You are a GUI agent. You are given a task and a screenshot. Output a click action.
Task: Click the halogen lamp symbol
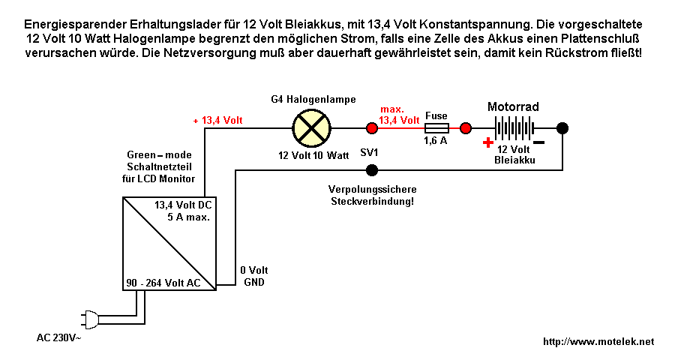coord(310,127)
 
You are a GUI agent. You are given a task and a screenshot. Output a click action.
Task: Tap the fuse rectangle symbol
coord(436,127)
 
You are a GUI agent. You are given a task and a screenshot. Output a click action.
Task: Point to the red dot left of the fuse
coord(370,127)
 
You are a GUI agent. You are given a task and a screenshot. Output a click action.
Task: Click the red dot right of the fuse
coord(466,127)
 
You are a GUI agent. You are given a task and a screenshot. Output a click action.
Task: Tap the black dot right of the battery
coord(562,127)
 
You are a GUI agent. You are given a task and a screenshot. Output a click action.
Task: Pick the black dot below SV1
coord(370,170)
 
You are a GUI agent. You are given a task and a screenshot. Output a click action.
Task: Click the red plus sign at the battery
coord(488,142)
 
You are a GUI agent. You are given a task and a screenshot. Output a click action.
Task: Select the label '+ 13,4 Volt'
coord(217,120)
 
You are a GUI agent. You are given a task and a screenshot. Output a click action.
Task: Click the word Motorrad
coord(513,106)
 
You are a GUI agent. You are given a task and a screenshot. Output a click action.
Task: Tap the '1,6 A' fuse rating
coord(436,141)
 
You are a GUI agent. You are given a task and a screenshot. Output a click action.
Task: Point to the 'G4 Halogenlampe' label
coord(313,99)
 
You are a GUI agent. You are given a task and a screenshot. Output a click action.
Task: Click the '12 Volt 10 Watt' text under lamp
coord(313,155)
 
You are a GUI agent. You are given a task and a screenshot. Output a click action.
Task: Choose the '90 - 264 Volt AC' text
coord(162,283)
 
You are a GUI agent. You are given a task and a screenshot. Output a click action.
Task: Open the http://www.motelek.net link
coord(598,341)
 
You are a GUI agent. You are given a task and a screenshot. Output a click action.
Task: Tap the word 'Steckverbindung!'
coord(372,202)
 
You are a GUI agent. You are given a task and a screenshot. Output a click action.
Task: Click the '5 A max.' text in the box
coord(188,217)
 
